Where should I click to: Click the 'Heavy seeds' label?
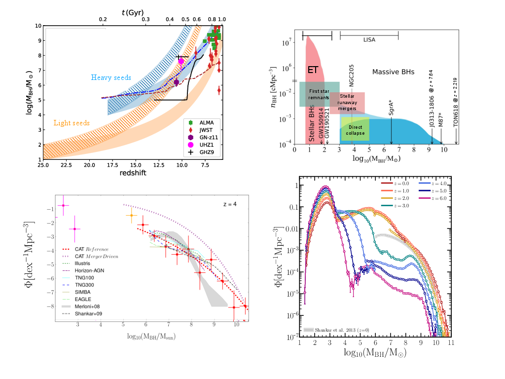111,77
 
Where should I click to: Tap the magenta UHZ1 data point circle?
181,62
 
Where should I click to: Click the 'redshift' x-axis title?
132,173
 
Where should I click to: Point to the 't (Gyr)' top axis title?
127,12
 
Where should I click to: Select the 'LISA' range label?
369,39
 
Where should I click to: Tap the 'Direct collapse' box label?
355,130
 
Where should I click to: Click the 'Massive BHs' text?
393,72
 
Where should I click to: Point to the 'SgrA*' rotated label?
391,107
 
